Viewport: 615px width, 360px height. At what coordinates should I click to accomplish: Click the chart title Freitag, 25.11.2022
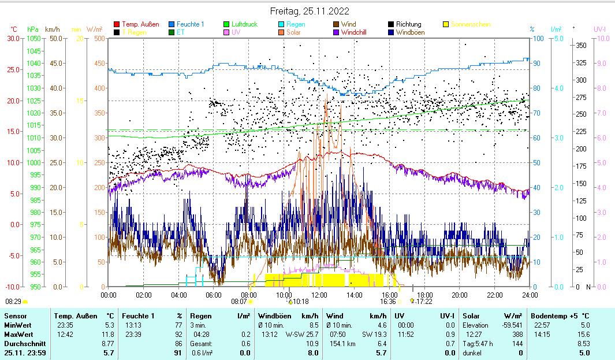[x=310, y=11]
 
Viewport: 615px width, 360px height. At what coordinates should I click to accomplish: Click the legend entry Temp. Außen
[x=140, y=24]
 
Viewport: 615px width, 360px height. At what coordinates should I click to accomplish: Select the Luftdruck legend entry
[x=244, y=24]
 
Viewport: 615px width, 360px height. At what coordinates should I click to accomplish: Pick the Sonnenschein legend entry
[x=471, y=24]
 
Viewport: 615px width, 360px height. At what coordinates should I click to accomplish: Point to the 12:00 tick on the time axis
[x=319, y=295]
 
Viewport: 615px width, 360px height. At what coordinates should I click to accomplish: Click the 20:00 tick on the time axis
[x=460, y=295]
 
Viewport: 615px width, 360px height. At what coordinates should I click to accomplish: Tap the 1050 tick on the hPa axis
[x=33, y=38]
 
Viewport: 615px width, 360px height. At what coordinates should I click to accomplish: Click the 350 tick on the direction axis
[x=581, y=45]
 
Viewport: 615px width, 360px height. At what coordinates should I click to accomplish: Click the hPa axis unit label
[x=32, y=29]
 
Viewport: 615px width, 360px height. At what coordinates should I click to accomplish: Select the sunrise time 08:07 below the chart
[x=239, y=301]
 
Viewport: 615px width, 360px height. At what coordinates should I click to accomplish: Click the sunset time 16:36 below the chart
[x=387, y=301]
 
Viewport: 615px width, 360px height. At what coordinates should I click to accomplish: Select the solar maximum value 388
[x=516, y=335]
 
